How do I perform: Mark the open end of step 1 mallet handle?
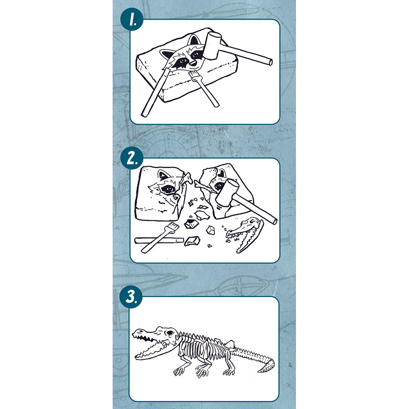(270, 62)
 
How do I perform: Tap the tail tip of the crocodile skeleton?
(264, 370)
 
